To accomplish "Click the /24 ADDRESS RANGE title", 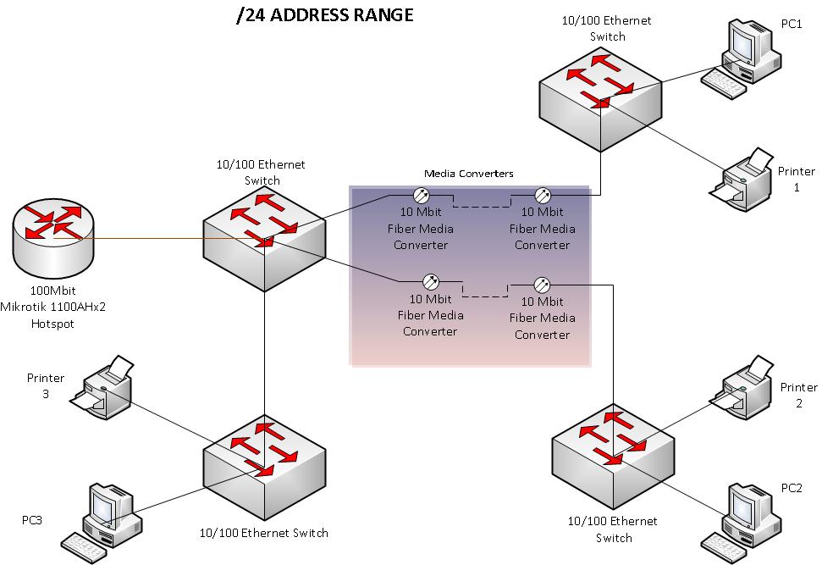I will [x=325, y=15].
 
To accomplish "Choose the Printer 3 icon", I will [x=105, y=388].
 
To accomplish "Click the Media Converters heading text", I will [x=468, y=173].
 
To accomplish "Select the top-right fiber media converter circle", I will [x=543, y=195].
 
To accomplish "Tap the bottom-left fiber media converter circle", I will [x=430, y=281].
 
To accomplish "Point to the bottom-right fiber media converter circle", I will [x=543, y=285].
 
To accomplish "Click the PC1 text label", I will [x=792, y=24].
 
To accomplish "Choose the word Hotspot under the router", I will [x=53, y=324].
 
